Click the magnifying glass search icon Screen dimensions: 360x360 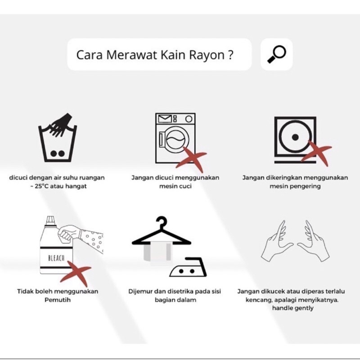click(x=277, y=54)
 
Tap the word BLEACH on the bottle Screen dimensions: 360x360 click(x=56, y=258)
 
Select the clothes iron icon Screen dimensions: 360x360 click(x=188, y=267)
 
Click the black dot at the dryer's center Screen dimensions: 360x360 click(x=295, y=137)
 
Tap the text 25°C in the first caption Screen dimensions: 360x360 click(x=42, y=186)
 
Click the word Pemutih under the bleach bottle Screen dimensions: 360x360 click(x=58, y=300)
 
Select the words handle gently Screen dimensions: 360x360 click(x=293, y=308)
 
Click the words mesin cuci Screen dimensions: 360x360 click(x=175, y=186)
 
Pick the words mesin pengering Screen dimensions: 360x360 click(x=295, y=186)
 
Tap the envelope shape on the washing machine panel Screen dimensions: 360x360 click(x=165, y=119)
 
